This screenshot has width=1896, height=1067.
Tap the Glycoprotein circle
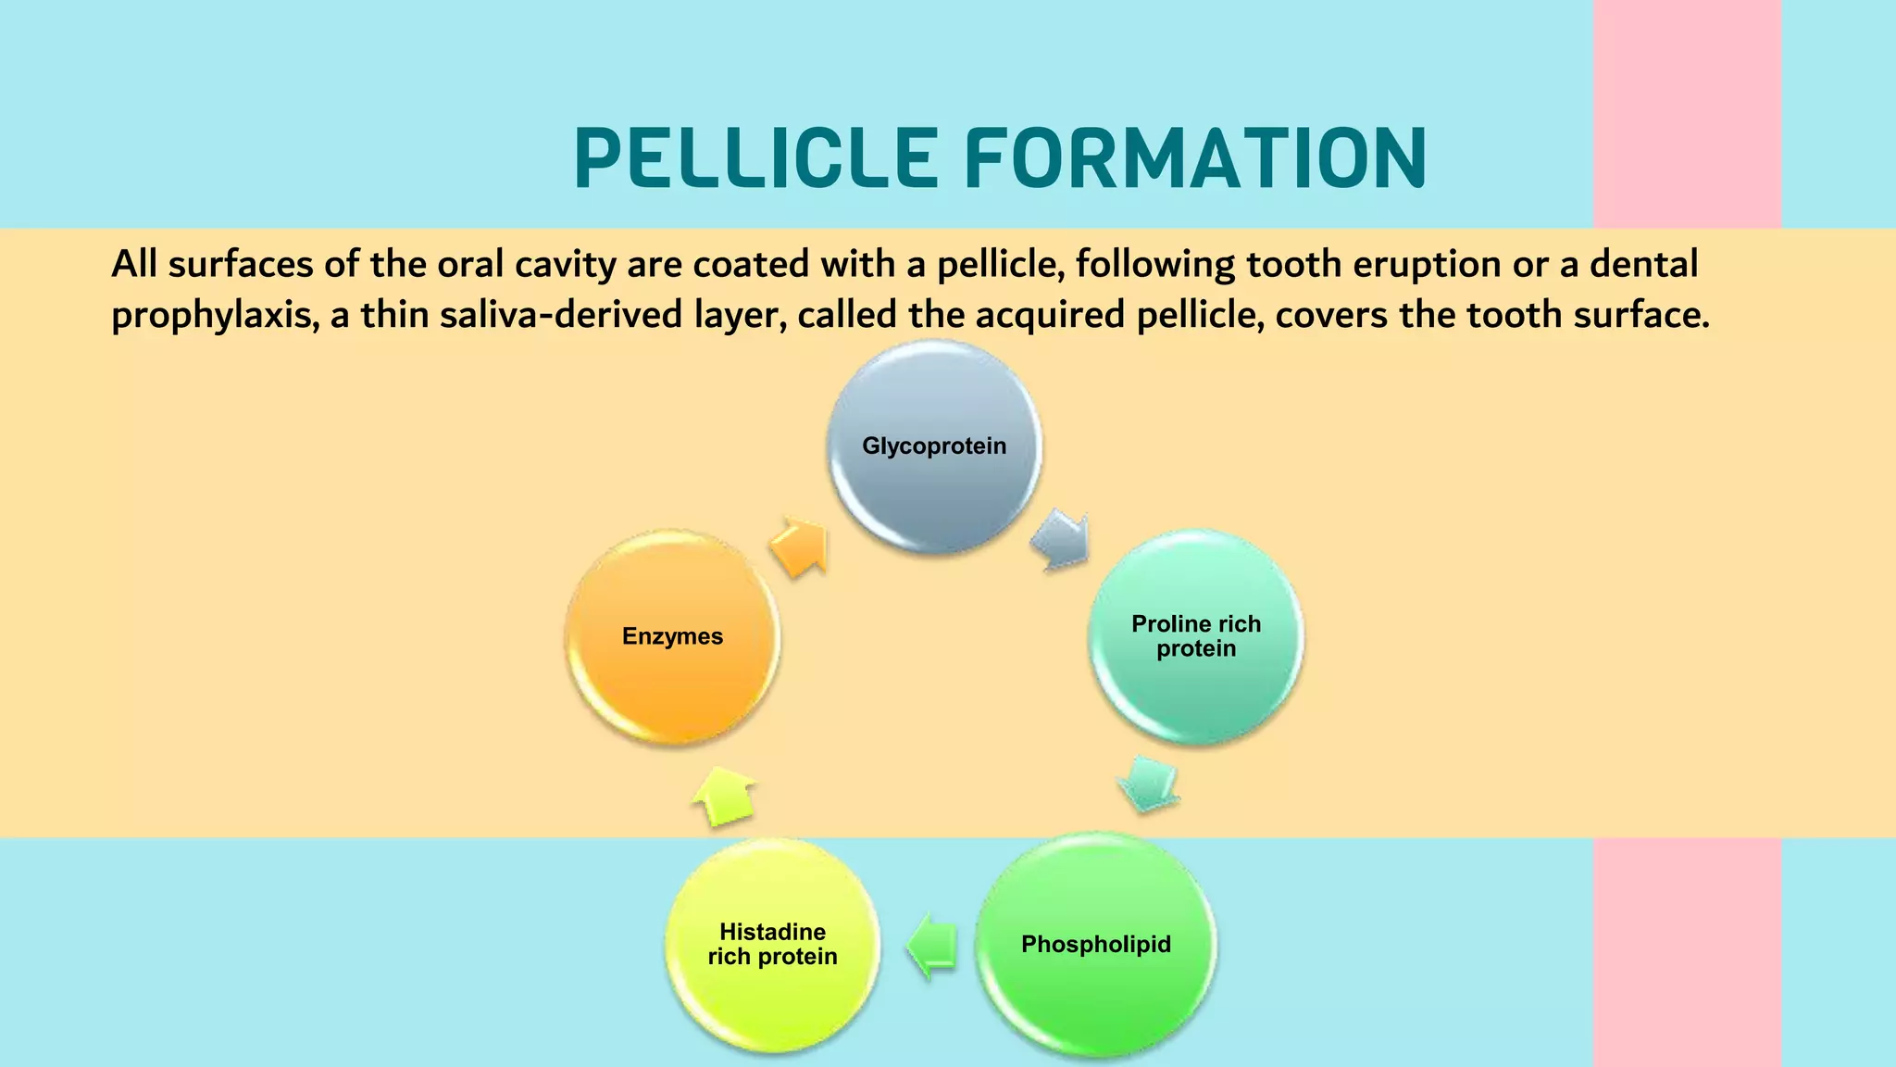(934, 446)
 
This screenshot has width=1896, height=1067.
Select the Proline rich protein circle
(1195, 636)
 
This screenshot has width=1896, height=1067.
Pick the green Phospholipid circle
(1096, 945)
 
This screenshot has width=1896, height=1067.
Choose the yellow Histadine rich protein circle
(772, 945)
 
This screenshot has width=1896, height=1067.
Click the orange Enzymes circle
(672, 636)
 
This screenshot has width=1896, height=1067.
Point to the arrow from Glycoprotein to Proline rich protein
(1061, 539)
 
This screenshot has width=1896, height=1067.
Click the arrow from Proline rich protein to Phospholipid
(1148, 783)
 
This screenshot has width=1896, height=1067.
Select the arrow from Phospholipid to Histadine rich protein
(932, 946)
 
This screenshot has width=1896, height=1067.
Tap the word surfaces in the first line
(240, 265)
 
